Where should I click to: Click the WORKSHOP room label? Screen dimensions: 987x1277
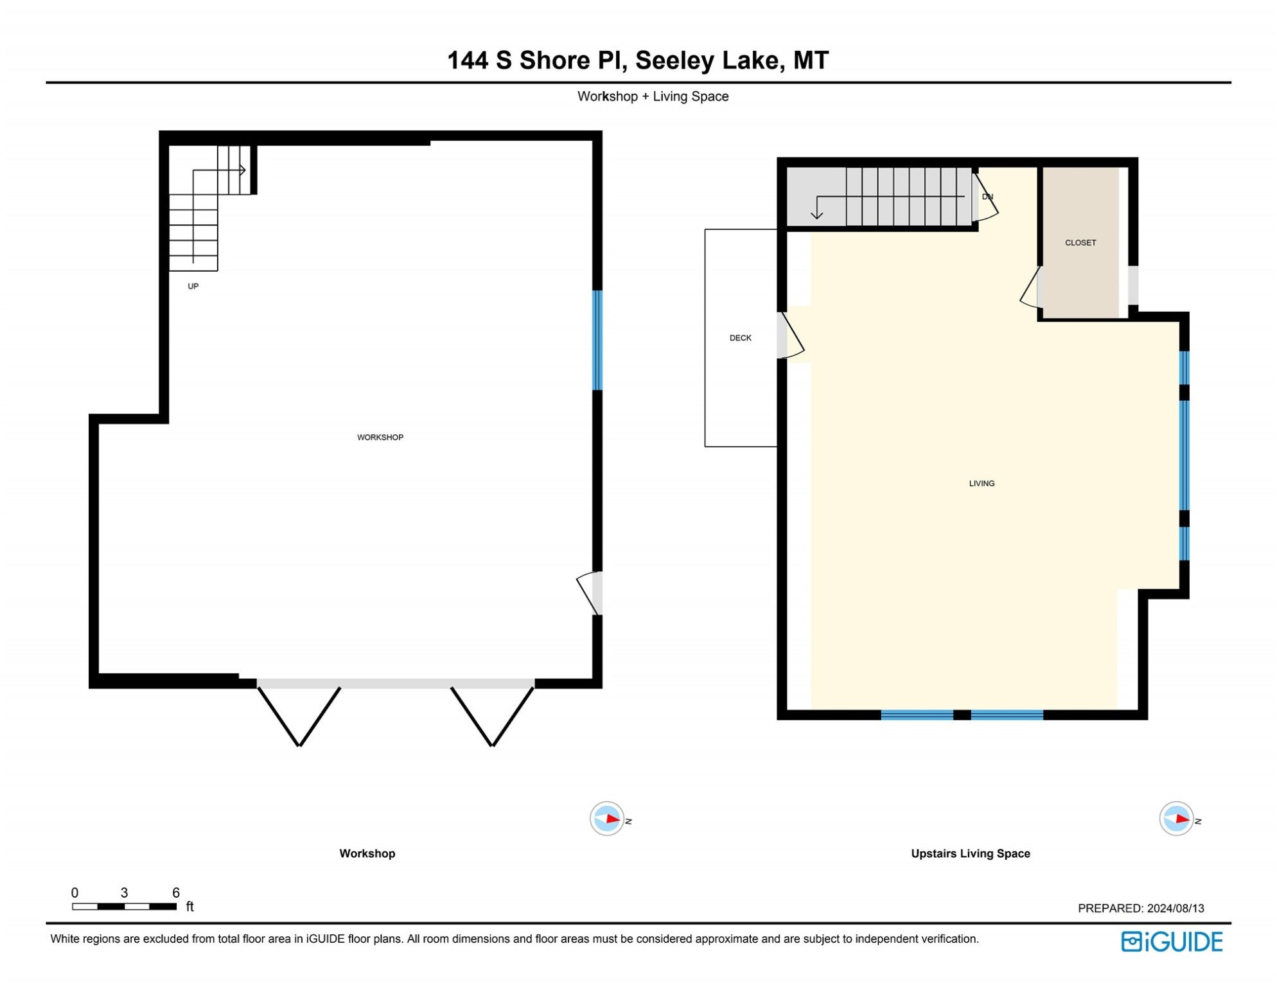pyautogui.click(x=380, y=437)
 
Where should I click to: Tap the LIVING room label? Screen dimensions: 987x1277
pyautogui.click(x=982, y=483)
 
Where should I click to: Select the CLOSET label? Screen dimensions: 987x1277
pyautogui.click(x=1080, y=243)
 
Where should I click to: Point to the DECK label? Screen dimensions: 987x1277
pyautogui.click(x=740, y=338)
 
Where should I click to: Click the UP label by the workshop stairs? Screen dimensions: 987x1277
pyautogui.click(x=193, y=286)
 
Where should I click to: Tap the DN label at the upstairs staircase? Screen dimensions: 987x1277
pyautogui.click(x=987, y=197)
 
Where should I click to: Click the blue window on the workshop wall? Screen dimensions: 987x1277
pyautogui.click(x=597, y=340)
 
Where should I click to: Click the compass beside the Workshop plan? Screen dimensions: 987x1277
pyautogui.click(x=607, y=819)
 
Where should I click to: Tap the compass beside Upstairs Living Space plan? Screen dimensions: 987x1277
pyautogui.click(x=1176, y=819)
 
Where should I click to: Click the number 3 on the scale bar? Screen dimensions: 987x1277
pyautogui.click(x=124, y=893)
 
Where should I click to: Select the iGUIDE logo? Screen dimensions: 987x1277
pyautogui.click(x=1172, y=942)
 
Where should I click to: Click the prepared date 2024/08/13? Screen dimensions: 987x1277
pyautogui.click(x=1176, y=908)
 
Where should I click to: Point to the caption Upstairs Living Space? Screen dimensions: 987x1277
pyautogui.click(x=970, y=853)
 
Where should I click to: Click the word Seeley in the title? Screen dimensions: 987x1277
pyautogui.click(x=674, y=60)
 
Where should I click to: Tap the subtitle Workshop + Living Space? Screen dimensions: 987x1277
pyautogui.click(x=653, y=96)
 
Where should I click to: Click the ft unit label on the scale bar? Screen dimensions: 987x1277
pyautogui.click(x=189, y=907)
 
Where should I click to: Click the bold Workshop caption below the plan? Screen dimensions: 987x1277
pyautogui.click(x=367, y=853)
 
